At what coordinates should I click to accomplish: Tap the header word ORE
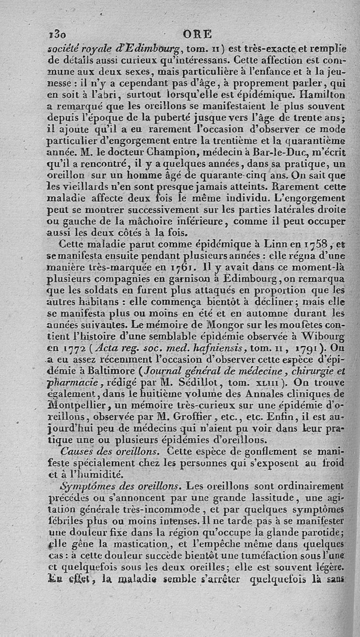tap(198, 34)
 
